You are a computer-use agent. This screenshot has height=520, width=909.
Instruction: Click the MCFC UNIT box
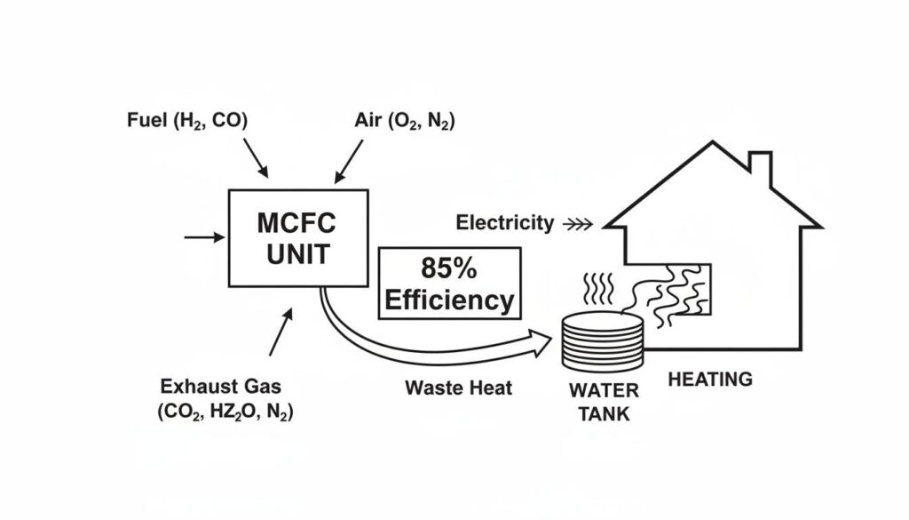tap(298, 237)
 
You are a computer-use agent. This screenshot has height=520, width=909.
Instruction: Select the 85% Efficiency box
tap(448, 283)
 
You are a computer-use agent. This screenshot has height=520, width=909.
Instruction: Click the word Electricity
tap(504, 223)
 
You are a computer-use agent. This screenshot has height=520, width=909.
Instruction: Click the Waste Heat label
tap(458, 388)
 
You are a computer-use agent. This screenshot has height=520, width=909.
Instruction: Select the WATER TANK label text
tap(604, 402)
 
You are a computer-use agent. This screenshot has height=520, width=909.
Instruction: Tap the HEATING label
tap(709, 380)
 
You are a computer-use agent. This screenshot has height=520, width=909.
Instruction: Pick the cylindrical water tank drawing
tap(602, 341)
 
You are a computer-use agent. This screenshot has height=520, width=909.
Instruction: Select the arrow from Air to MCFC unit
tap(348, 161)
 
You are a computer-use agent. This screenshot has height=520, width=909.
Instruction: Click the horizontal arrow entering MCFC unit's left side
tap(204, 237)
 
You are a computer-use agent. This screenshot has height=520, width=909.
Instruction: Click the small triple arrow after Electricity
tap(579, 224)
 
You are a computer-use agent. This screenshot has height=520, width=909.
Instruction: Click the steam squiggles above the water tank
tap(597, 290)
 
